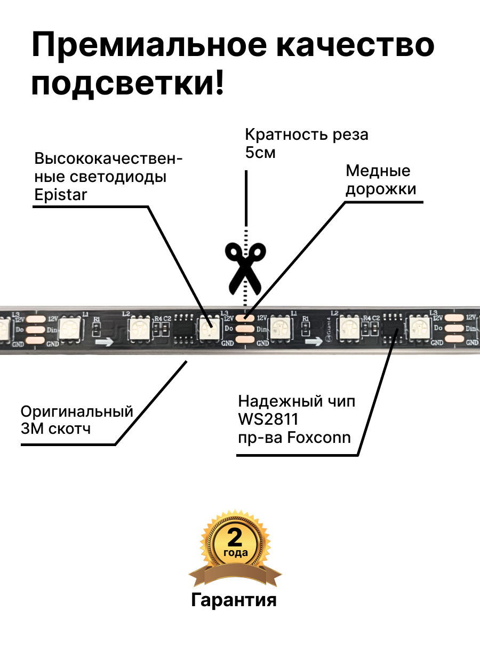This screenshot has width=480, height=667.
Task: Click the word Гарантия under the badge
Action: tap(234, 600)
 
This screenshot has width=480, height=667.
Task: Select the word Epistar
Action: tap(60, 194)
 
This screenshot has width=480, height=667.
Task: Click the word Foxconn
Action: tap(319, 438)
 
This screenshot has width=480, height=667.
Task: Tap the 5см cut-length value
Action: tap(260, 153)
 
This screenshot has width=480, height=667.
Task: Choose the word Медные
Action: tap(378, 171)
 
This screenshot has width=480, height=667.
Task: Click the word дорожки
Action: tap(381, 189)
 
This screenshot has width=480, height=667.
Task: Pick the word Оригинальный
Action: tap(77, 411)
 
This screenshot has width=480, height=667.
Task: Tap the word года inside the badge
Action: tap(235, 553)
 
